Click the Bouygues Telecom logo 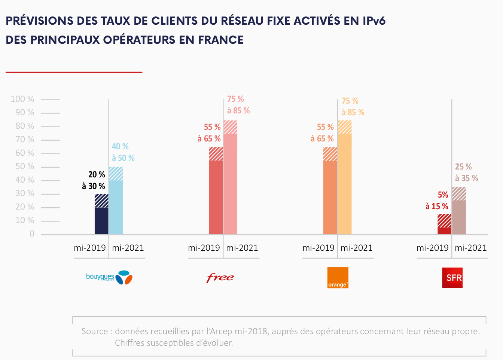point(109,277)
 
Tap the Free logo point(220,277)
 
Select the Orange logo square point(338,277)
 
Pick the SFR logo point(452,277)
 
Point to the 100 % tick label point(22,99)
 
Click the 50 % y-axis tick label point(25,167)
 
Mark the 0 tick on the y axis point(32,234)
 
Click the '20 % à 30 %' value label point(94,180)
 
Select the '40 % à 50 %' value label point(123,152)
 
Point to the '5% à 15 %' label point(437,201)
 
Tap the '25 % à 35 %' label point(466,173)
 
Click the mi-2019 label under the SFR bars point(432,248)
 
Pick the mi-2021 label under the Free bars point(242,248)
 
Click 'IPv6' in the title point(374,21)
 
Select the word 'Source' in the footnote point(95,331)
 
